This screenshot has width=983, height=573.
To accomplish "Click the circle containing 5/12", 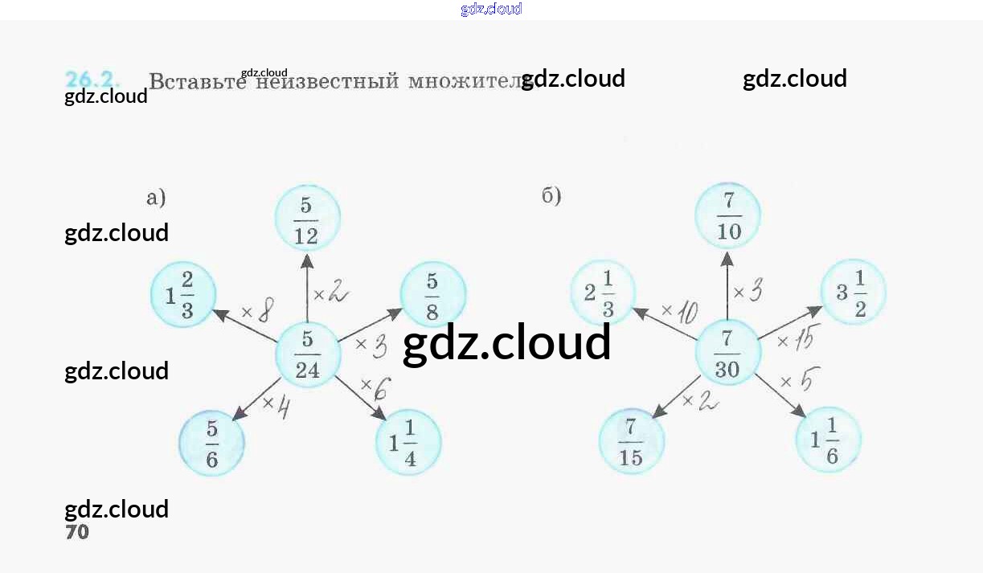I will (x=307, y=219).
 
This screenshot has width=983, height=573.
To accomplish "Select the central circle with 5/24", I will (x=307, y=355).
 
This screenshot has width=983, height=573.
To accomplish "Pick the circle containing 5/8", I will (x=432, y=295).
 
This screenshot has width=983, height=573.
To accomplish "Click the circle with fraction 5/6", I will (x=211, y=443).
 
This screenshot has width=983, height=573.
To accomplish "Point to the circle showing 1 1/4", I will (x=408, y=443).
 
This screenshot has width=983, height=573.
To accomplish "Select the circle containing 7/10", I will (x=727, y=216).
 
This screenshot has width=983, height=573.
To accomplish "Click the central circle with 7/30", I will (x=727, y=353).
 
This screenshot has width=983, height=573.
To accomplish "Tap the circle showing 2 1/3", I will (x=603, y=292).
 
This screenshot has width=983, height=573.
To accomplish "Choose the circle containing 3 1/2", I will (x=853, y=292).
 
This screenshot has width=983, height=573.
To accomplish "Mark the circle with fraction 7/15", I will (x=632, y=441).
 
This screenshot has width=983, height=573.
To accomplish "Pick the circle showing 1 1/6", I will (x=828, y=441).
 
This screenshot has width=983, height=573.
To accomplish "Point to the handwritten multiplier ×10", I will (x=679, y=311).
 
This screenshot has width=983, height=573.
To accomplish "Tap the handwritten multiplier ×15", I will (x=795, y=341).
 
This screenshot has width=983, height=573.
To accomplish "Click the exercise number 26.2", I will (x=92, y=80).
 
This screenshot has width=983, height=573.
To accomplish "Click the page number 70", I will (x=77, y=532).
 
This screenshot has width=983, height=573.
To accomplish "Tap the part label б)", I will (x=551, y=195).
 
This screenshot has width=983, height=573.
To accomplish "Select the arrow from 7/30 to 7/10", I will (x=727, y=285).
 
